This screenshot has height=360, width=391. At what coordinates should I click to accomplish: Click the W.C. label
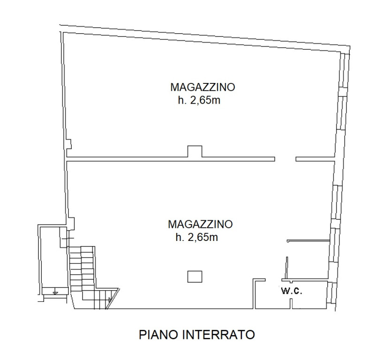[291, 291]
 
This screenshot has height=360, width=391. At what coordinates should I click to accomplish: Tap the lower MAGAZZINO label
[200, 224]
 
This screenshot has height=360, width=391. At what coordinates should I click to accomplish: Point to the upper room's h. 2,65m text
[199, 100]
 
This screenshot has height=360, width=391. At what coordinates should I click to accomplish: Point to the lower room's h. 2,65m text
[196, 238]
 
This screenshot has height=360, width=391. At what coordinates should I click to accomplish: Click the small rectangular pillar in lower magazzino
[195, 277]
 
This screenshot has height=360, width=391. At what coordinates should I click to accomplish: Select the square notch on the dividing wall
[195, 151]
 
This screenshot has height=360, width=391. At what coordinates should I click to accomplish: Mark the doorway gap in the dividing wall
[285, 160]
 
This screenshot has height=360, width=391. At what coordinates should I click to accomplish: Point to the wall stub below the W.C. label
[291, 304]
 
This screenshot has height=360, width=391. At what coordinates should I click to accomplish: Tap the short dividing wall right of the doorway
[315, 160]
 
